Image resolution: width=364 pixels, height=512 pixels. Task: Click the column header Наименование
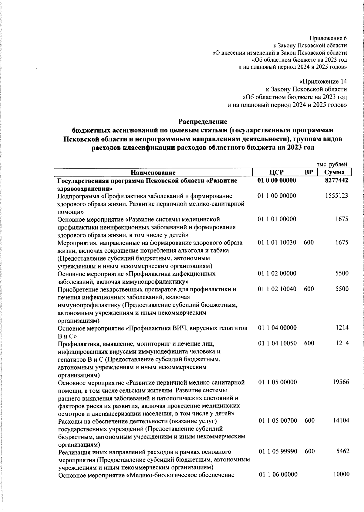(x=153, y=173)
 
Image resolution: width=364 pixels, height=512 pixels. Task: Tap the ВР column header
(x=308, y=172)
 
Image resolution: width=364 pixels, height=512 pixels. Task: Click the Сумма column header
(x=335, y=172)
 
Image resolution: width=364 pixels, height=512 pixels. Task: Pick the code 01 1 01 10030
(x=277, y=243)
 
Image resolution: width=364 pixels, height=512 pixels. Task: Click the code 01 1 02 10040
(x=277, y=289)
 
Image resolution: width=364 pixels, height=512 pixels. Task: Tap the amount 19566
(x=341, y=382)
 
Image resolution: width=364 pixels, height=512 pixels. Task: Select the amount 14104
(x=341, y=421)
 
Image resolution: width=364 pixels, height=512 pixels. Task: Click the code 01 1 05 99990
(x=278, y=452)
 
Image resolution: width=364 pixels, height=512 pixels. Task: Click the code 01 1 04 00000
(x=277, y=328)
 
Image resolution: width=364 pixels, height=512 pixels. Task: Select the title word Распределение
(x=203, y=122)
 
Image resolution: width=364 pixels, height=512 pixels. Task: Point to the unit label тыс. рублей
(x=332, y=164)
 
